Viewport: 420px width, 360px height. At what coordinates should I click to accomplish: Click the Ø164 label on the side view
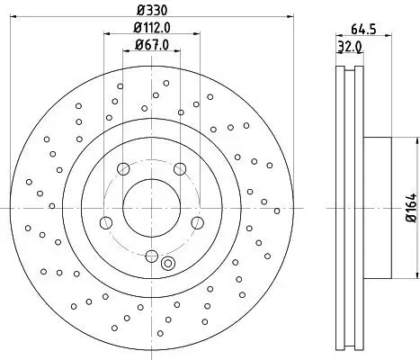point(410,207)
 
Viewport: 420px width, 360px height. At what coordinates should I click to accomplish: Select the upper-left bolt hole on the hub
point(122,167)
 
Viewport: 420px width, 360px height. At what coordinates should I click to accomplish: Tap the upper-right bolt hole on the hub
point(179,167)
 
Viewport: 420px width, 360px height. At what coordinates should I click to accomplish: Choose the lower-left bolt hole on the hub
point(105,222)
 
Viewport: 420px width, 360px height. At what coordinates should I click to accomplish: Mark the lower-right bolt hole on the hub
point(196,222)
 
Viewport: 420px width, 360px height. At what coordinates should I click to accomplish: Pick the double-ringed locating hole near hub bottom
point(167,263)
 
